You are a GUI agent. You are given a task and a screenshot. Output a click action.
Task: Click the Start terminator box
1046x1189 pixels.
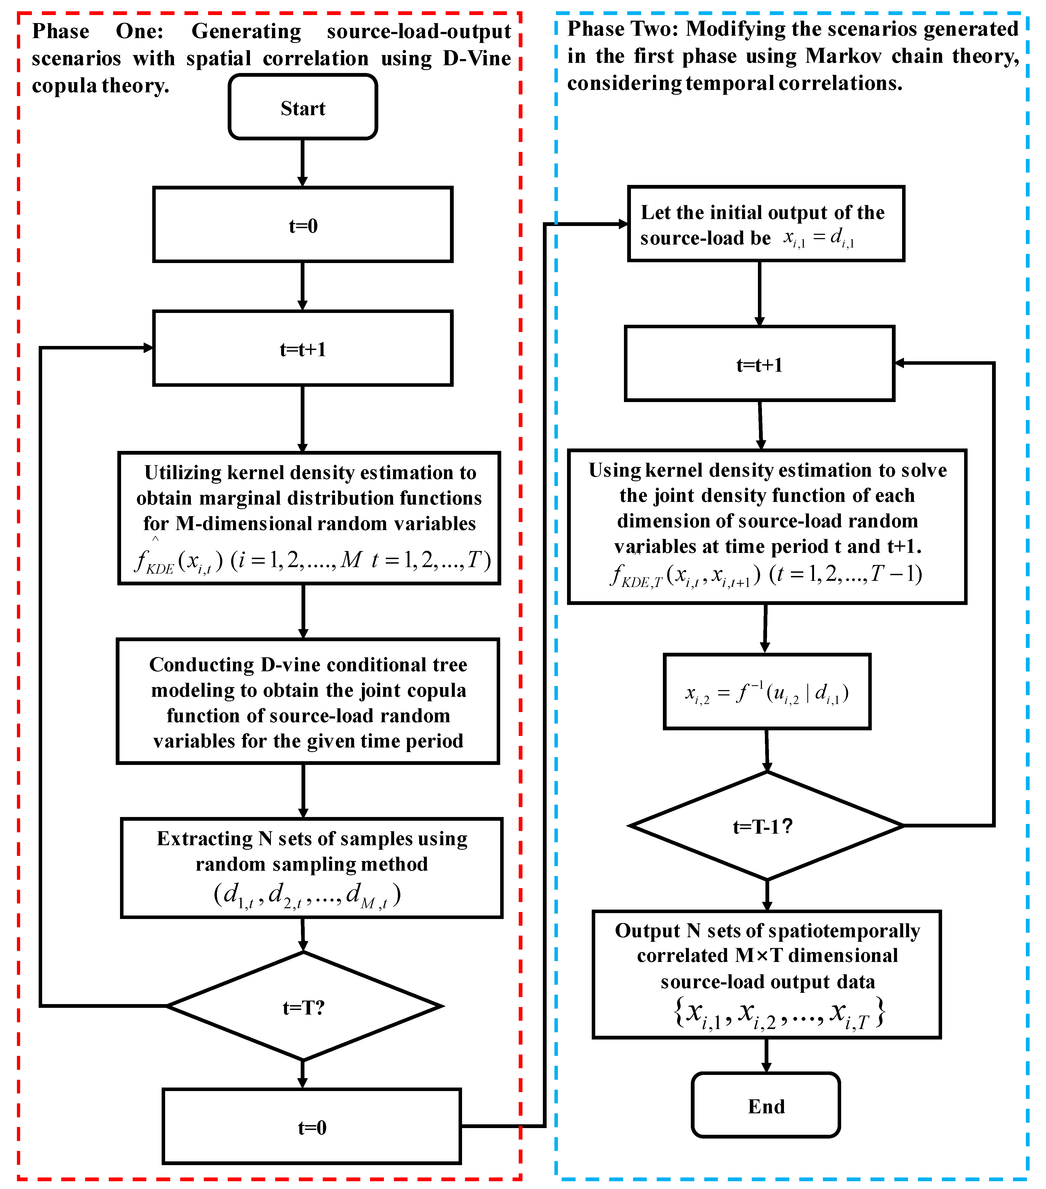click(x=303, y=107)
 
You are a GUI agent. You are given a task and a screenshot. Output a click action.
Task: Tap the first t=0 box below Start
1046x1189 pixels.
click(x=303, y=225)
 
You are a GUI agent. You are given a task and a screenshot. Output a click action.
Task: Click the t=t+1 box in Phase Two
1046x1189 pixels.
click(x=759, y=364)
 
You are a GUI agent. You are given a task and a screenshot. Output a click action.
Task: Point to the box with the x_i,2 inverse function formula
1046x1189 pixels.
click(x=767, y=692)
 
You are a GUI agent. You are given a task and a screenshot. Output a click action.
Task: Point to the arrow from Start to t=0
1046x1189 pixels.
click(x=303, y=163)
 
